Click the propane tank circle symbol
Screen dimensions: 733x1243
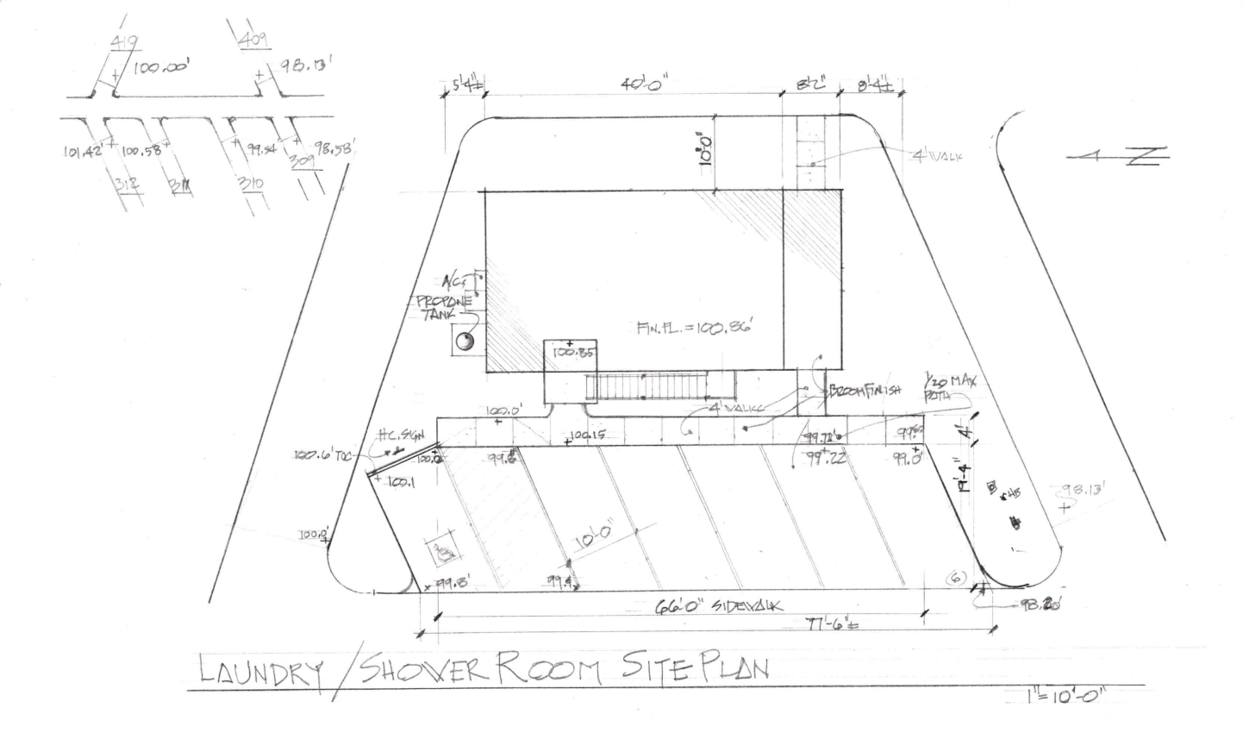click(x=465, y=342)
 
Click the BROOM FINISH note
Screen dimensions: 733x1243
click(x=864, y=390)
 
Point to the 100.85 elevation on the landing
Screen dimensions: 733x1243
click(x=571, y=352)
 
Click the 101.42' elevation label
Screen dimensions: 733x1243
click(x=83, y=153)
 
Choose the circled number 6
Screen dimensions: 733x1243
click(x=957, y=577)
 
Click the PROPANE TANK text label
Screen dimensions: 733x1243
click(x=444, y=309)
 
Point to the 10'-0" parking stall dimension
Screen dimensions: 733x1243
click(x=593, y=539)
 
